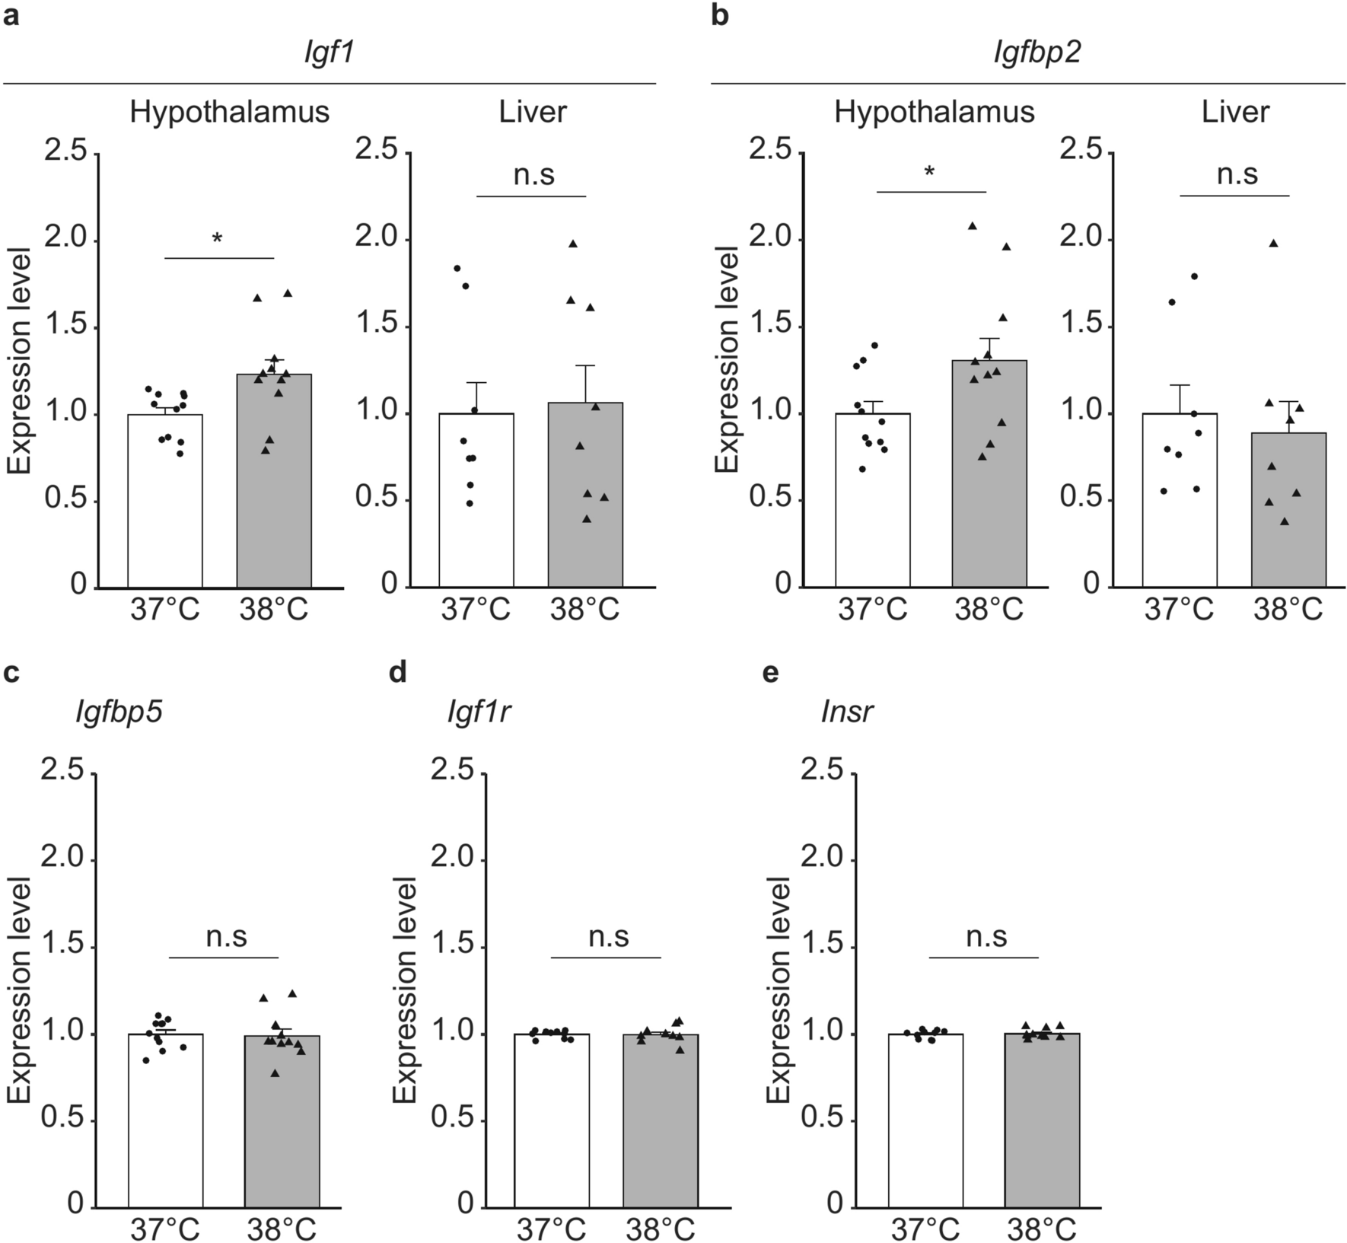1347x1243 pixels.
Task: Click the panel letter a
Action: [x=11, y=16]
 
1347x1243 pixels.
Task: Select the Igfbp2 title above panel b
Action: [x=1037, y=54]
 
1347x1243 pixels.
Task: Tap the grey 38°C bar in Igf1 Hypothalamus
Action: [x=274, y=487]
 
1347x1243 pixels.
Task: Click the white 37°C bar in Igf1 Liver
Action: [x=476, y=502]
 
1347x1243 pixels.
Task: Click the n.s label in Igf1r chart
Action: [x=609, y=936]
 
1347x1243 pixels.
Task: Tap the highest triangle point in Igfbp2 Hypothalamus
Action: [x=972, y=225]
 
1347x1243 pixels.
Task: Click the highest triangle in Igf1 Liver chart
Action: [x=573, y=244]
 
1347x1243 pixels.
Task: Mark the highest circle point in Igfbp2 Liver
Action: [x=1194, y=276]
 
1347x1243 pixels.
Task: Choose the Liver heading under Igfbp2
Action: [x=1235, y=112]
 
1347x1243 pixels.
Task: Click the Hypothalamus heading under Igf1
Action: [x=229, y=112]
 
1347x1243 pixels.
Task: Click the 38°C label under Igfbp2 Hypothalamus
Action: [x=989, y=610]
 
